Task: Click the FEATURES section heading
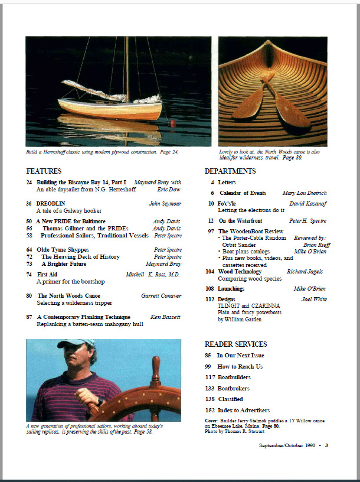44,171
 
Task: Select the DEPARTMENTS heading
230,171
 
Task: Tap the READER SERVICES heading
235,344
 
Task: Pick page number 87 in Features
29,317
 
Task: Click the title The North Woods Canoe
68,295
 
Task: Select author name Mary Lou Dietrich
305,193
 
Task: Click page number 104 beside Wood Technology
210,272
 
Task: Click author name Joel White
314,299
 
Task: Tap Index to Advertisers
243,410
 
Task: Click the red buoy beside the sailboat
174,123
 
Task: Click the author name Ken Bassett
165,317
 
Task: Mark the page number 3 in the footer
326,445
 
